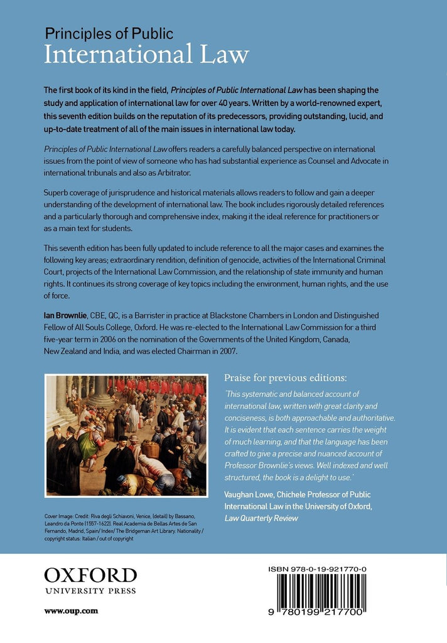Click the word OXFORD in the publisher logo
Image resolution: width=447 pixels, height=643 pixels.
click(90, 575)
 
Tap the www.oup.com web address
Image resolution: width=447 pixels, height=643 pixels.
click(71, 610)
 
